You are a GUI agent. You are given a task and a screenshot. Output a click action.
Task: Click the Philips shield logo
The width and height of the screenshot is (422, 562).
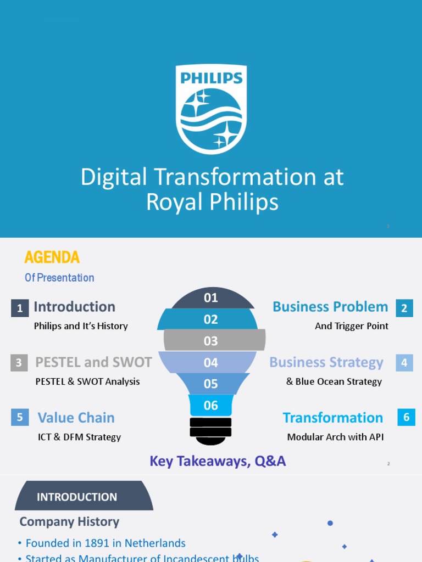[x=211, y=109]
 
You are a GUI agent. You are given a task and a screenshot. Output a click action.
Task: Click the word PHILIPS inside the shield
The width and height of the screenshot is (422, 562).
[x=211, y=77]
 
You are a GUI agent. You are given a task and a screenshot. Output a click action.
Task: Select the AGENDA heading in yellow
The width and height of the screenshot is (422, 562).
[x=52, y=257]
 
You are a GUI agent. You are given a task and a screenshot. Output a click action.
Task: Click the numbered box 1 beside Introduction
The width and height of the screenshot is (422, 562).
[x=20, y=308]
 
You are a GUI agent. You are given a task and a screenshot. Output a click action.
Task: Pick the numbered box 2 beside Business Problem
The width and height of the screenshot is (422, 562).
[x=404, y=308]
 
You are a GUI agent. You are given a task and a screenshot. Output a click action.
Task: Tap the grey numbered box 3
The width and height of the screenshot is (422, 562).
[x=19, y=363]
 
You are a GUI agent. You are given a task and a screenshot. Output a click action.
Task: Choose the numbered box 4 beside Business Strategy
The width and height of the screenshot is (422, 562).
[x=404, y=363]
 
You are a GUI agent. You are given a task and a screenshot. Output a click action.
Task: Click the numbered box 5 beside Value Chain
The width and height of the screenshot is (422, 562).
[x=20, y=418]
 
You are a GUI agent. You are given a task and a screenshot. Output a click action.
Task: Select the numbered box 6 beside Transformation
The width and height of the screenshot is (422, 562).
[x=407, y=417]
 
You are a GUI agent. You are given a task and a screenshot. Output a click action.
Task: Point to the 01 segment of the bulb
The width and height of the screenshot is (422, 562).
[x=211, y=299]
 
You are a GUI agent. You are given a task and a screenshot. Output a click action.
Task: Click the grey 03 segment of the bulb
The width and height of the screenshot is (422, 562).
[x=211, y=341]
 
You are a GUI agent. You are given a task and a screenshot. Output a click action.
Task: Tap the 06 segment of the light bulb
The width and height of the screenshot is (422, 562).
[x=211, y=406]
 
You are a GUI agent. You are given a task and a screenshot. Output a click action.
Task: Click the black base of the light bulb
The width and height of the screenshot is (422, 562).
[x=211, y=431]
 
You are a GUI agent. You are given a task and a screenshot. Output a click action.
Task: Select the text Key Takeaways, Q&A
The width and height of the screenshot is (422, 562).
[x=218, y=461]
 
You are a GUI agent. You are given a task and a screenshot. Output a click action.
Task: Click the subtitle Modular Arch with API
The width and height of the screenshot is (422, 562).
[x=335, y=437]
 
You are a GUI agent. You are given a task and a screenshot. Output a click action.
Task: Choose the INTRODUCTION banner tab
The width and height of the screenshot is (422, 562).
[x=77, y=497]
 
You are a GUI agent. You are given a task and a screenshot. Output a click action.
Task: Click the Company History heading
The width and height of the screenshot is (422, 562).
[x=69, y=521]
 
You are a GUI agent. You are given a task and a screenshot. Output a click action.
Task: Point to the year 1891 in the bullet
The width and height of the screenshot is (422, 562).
[x=97, y=543]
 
